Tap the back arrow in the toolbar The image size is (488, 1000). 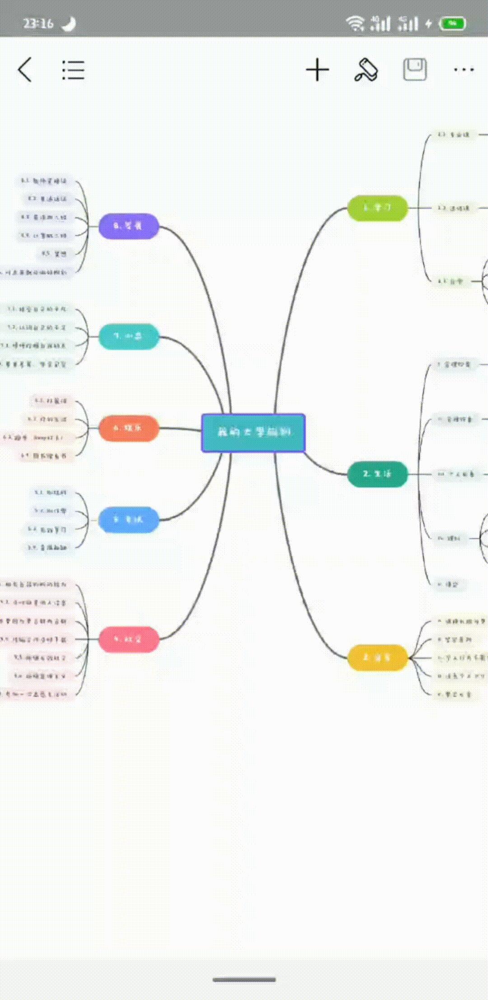click(25, 70)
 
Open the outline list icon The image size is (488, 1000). click(73, 70)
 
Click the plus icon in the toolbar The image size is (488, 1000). click(317, 70)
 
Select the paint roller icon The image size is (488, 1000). click(366, 70)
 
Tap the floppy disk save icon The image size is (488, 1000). click(414, 69)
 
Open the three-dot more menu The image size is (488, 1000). click(464, 70)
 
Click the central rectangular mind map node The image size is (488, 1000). click(253, 432)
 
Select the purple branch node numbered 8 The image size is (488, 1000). click(129, 226)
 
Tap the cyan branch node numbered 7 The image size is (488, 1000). click(129, 336)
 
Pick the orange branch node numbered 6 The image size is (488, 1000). click(129, 428)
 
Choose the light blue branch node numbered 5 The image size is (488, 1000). click(129, 519)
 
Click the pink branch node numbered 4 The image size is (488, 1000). click(129, 639)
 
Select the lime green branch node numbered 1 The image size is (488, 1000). click(377, 208)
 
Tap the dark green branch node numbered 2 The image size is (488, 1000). click(377, 474)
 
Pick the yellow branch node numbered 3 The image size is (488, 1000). click(377, 657)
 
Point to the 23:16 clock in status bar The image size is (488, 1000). click(38, 23)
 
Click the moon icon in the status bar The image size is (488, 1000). click(69, 23)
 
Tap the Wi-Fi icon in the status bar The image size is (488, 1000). click(355, 23)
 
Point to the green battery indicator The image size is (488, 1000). click(453, 23)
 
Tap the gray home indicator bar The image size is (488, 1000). click(244, 980)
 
